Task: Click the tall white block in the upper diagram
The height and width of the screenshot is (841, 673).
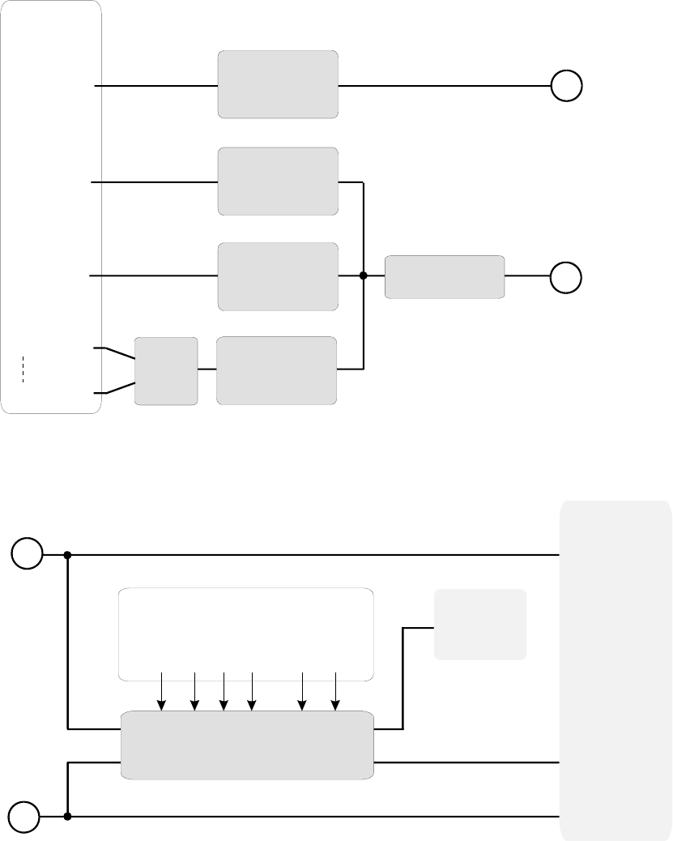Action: (51, 207)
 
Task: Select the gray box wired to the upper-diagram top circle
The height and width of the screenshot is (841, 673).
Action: (278, 85)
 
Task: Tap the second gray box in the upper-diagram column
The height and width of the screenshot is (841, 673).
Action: (278, 181)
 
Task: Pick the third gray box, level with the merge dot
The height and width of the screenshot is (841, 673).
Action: (278, 276)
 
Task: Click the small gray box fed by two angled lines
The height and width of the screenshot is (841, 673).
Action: (166, 370)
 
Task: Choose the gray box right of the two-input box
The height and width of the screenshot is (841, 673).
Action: (277, 370)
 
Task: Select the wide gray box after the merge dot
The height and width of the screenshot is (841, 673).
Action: (445, 277)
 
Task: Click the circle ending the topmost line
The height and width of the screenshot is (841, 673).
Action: (567, 86)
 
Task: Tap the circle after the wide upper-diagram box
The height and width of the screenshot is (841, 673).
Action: (567, 277)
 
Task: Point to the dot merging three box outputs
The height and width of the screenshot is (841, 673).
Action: (364, 276)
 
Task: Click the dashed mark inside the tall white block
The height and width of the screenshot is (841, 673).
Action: (25, 369)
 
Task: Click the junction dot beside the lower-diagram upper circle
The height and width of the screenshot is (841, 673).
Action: (68, 555)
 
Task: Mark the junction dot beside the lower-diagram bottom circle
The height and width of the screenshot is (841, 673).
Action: (68, 817)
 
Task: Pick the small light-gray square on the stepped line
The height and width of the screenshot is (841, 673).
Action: (480, 624)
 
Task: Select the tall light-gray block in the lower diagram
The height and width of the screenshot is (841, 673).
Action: (615, 670)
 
